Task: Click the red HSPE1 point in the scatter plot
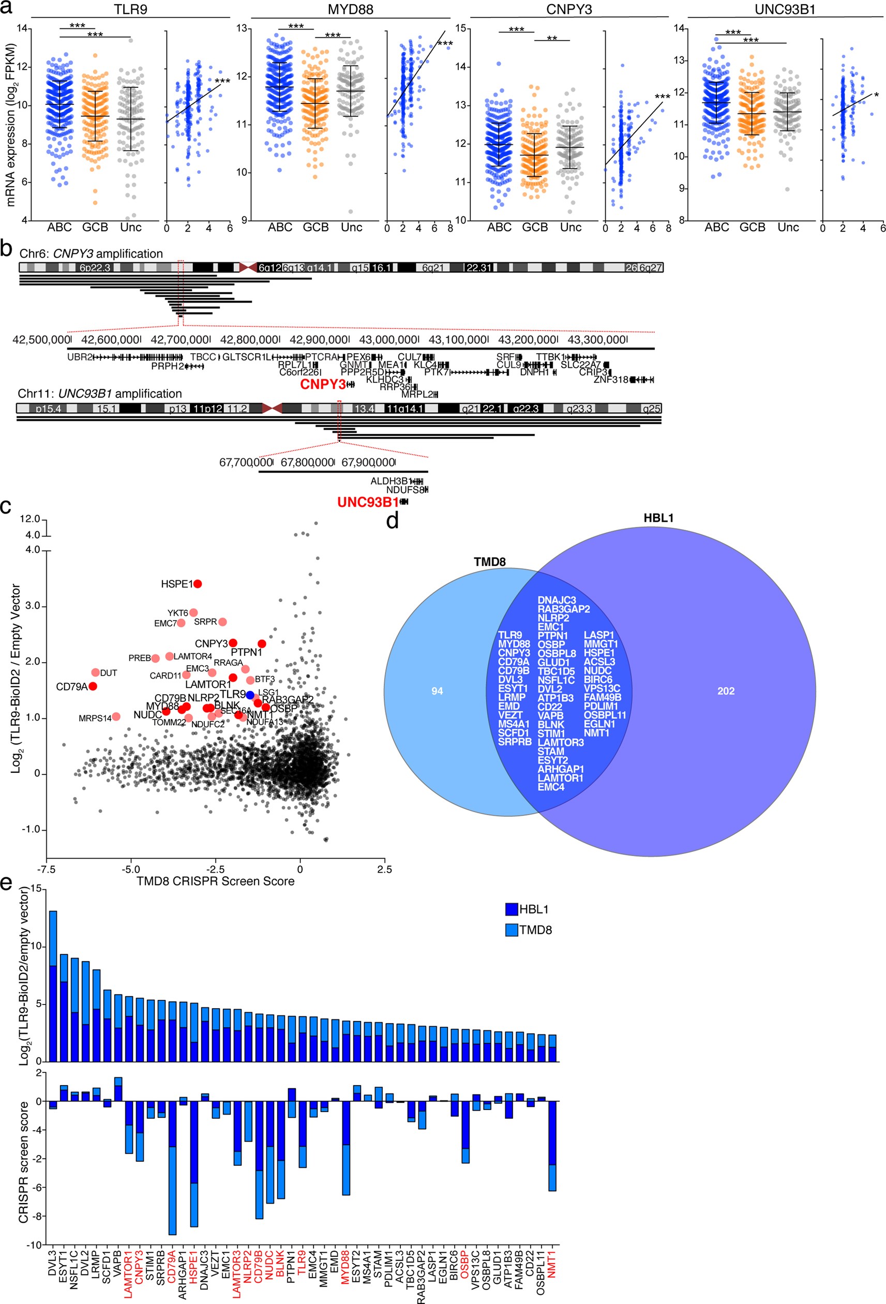198,584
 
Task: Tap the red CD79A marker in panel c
93,686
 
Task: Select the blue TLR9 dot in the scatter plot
250,695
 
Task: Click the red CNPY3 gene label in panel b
323,384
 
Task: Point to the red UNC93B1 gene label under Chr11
368,502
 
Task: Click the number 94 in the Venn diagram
437,691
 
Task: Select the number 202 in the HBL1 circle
726,691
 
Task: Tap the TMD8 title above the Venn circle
490,562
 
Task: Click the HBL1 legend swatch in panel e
511,909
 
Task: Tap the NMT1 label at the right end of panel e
552,1264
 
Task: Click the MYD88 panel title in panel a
350,9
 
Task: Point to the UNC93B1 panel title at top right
785,9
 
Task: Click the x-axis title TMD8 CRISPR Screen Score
216,881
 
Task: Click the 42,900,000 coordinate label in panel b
318,340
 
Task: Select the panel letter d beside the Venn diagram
392,521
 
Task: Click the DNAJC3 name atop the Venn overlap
557,601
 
